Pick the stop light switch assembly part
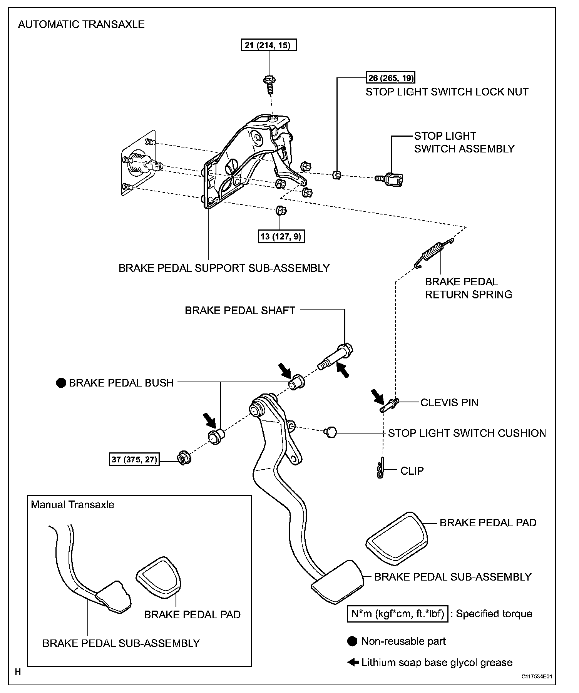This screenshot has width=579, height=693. point(392,178)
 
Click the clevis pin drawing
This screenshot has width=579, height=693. point(389,405)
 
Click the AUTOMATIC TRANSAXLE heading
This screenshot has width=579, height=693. point(81,25)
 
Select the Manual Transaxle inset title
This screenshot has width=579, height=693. point(72,504)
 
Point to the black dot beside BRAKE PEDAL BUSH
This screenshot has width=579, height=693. point(61,383)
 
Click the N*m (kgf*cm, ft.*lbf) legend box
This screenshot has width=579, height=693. point(398,614)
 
